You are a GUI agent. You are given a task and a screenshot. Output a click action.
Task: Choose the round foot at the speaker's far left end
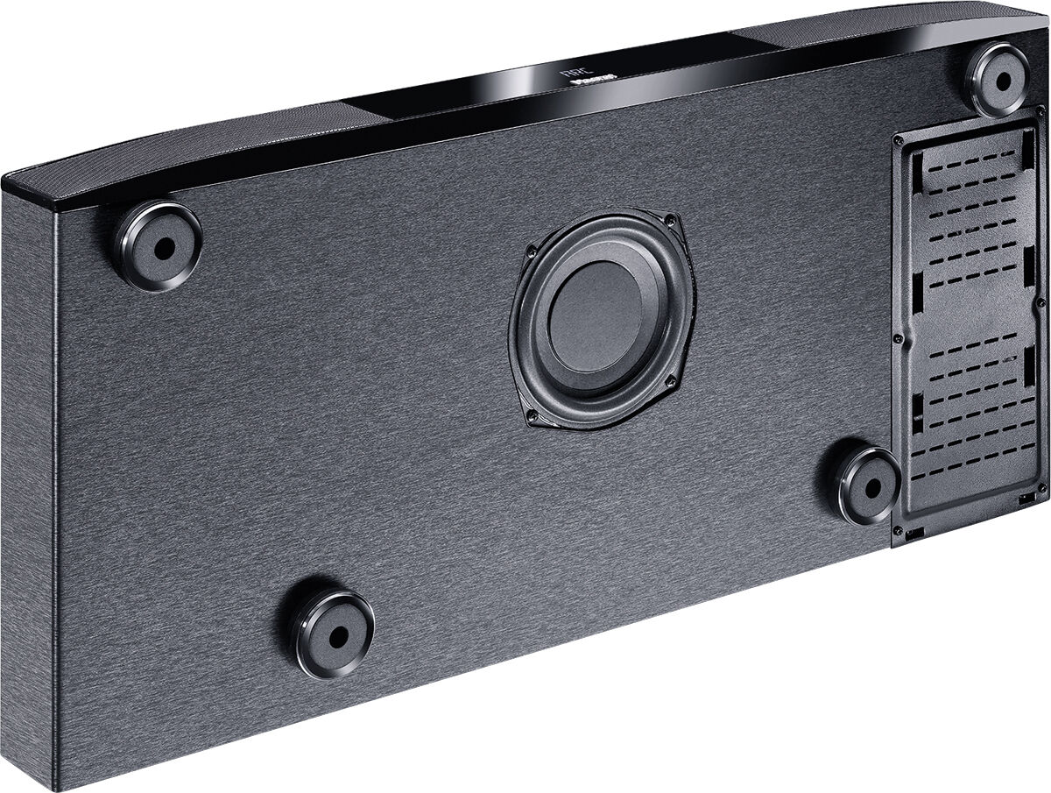pyautogui.click(x=158, y=244)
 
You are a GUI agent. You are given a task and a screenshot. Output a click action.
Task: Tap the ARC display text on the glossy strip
pyautogui.click(x=570, y=74)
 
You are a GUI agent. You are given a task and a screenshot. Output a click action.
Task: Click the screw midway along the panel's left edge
pyautogui.click(x=897, y=336)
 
